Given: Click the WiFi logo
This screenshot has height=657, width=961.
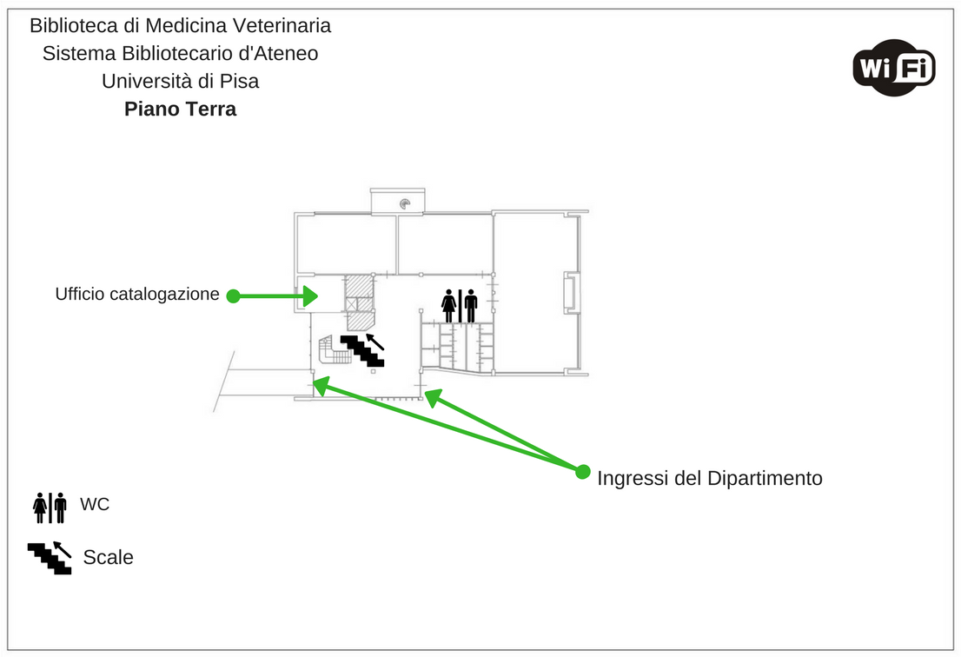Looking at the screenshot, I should point(893,67).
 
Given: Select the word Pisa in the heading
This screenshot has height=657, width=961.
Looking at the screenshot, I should point(239,81).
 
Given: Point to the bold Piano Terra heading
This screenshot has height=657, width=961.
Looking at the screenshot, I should point(180,109).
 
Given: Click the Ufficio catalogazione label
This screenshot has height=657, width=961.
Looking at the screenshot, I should point(137,295).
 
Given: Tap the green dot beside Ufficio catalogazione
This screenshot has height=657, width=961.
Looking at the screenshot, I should point(233,296).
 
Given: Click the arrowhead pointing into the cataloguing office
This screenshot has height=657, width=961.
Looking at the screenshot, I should point(309,296).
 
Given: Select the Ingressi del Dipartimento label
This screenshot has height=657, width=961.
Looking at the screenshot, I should point(709,478).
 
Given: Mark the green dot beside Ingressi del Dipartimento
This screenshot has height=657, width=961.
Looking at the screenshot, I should point(583,472).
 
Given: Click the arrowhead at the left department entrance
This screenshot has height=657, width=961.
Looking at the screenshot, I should point(321,384).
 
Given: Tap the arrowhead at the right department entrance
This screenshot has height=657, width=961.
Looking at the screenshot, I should point(432,397).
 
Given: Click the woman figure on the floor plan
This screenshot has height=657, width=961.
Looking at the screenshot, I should point(449,306).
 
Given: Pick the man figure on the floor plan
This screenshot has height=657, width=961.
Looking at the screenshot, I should point(471,306).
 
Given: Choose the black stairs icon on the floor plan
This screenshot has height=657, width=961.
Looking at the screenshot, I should point(362,349).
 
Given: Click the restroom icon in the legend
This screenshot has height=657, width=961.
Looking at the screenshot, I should point(50,508).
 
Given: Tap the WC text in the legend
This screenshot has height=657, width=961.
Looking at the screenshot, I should point(95,504).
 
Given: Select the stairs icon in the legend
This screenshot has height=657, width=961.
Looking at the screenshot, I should point(50,557).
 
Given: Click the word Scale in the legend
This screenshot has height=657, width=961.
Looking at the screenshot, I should point(108,557).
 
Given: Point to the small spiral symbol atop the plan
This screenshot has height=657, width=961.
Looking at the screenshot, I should point(405,204).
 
